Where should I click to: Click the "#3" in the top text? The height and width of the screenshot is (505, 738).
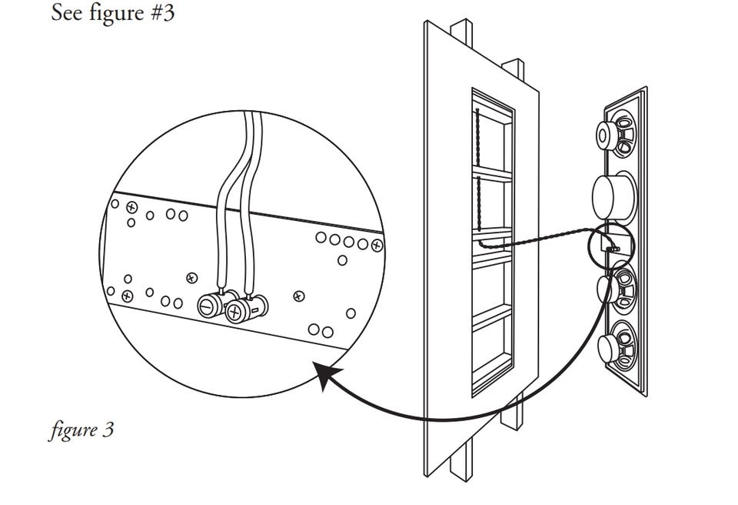click(163, 13)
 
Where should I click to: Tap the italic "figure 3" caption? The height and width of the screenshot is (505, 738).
click(81, 430)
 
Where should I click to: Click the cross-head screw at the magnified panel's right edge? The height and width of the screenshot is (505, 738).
click(377, 246)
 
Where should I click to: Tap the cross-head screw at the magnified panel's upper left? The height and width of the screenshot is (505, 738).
click(131, 207)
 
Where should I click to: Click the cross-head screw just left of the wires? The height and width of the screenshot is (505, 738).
click(191, 278)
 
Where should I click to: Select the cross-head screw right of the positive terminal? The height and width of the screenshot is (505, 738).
click(298, 296)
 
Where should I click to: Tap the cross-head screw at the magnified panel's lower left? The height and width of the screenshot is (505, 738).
click(127, 296)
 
